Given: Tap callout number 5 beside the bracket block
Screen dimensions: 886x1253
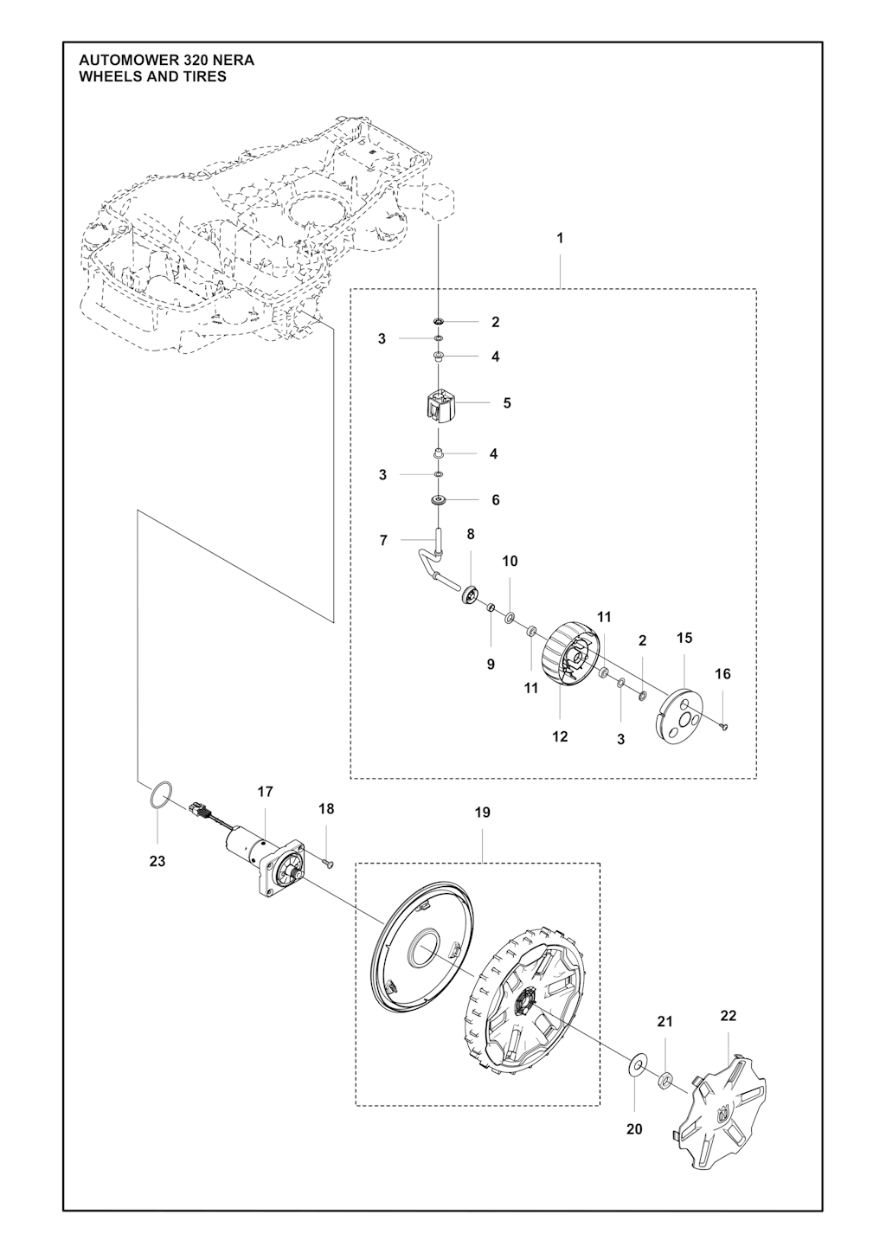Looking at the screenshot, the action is (507, 403).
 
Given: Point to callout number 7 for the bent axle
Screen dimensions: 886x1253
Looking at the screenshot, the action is (383, 541).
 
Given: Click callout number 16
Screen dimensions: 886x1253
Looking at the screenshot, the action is (722, 674).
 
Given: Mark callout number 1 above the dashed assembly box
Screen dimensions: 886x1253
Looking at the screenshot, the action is (560, 238).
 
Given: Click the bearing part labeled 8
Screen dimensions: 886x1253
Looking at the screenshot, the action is (470, 594).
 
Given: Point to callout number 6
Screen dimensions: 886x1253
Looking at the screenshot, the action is (496, 500).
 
